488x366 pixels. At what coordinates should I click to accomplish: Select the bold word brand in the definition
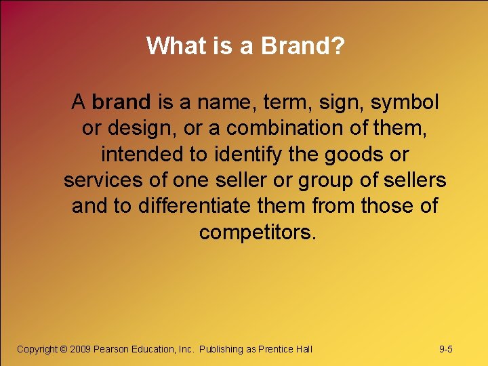(x=121, y=102)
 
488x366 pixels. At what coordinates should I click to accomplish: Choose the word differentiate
(x=214, y=205)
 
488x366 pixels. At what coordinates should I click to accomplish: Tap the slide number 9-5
(x=446, y=349)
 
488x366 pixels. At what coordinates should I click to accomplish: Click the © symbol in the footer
(x=64, y=349)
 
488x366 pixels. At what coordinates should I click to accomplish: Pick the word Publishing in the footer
(x=221, y=349)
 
